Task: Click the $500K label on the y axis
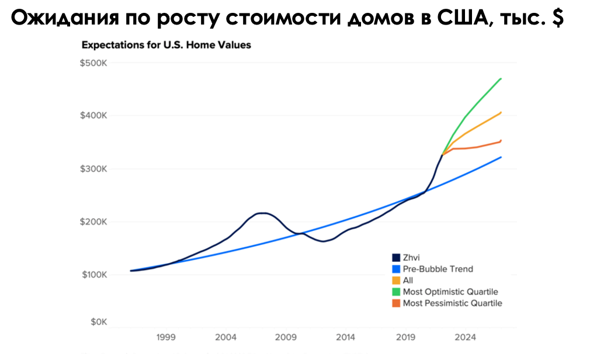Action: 94,63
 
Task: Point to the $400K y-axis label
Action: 94,116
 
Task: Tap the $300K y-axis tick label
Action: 94,169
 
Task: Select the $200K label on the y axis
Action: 94,222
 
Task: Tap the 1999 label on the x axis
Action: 166,337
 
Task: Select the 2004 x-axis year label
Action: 225,337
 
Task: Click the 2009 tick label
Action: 286,337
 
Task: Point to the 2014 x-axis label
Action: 345,337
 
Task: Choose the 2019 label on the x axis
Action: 405,337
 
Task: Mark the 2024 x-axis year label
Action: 465,337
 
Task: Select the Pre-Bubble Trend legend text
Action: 438,269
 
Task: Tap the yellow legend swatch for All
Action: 395,281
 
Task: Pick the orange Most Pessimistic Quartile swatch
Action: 395,303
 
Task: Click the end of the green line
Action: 501,78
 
